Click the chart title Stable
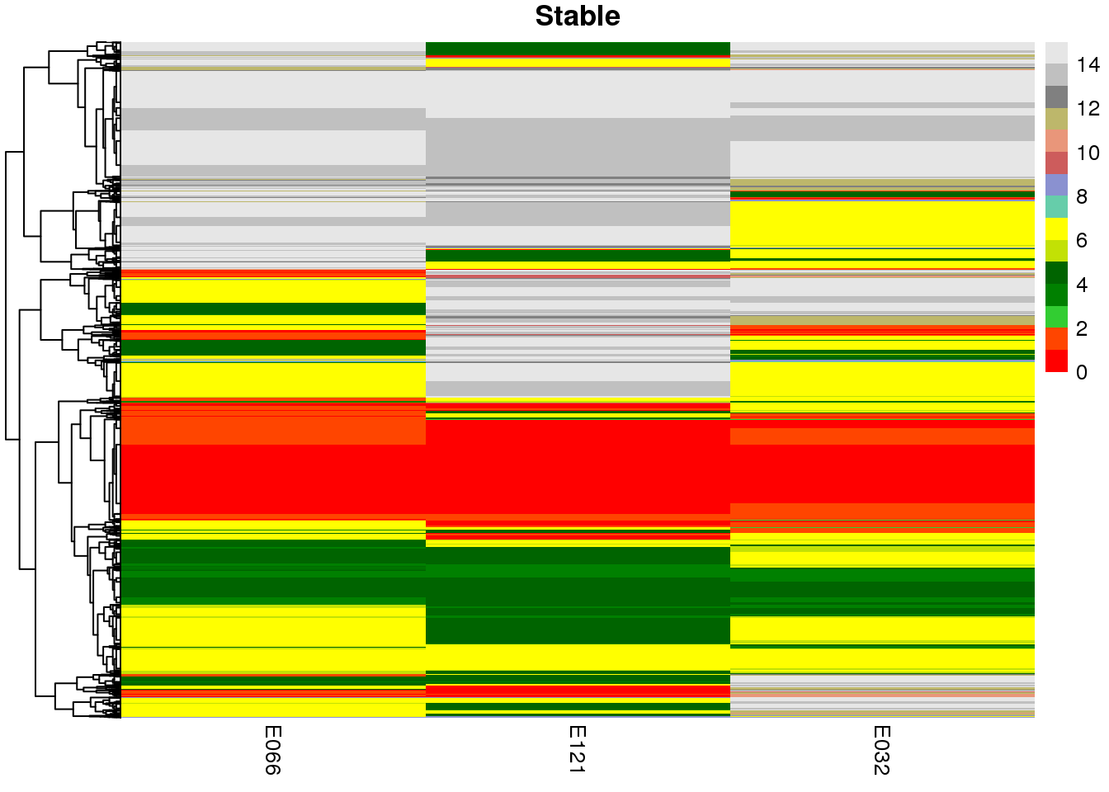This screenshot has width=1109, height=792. click(x=577, y=16)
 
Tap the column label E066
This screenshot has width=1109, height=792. click(x=272, y=750)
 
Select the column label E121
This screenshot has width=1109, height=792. click(x=577, y=750)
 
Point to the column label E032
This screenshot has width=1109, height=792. click(x=881, y=750)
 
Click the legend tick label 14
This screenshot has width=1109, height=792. click(x=1088, y=64)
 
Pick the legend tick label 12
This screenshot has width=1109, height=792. click(x=1088, y=108)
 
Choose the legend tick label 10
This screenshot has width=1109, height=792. click(x=1088, y=153)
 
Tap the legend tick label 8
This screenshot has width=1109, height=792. click(x=1082, y=196)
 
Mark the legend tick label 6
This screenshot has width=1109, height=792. click(x=1082, y=241)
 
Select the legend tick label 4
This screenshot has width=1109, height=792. click(x=1082, y=285)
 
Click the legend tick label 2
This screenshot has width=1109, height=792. click(x=1082, y=328)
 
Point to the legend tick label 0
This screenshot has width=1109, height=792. click(x=1082, y=372)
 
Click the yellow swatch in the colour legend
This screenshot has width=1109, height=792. click(x=1056, y=229)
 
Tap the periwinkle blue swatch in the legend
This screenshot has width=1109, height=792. click(x=1056, y=186)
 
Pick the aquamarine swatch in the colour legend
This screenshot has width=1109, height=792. click(x=1056, y=207)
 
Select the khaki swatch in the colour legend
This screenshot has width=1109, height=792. click(x=1056, y=120)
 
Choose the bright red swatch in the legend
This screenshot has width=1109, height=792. click(x=1056, y=361)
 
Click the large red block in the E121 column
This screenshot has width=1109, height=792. click(x=577, y=466)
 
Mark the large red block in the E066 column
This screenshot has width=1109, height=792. click(x=272, y=478)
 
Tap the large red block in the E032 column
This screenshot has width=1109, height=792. click(x=881, y=474)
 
